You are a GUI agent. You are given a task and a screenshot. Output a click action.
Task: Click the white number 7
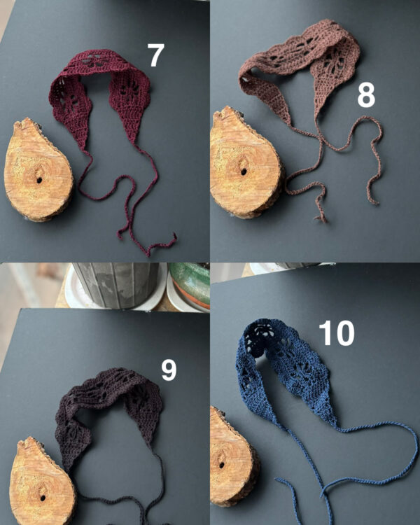coord(155,55)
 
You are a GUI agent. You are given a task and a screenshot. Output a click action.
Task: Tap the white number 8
coord(366,95)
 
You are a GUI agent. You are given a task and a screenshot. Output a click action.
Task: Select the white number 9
coord(169,370)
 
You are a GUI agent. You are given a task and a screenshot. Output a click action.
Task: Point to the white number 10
coord(336,332)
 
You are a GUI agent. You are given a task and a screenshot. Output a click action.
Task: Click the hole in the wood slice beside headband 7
coord(39,180)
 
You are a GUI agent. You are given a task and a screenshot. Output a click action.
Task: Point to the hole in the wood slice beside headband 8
coord(244,171)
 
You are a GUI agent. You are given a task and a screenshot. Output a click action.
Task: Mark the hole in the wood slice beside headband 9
coord(43,498)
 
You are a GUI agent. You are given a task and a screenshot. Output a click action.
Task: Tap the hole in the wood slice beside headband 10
coord(222,465)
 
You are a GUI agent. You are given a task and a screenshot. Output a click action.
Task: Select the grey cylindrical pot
coord(116,285)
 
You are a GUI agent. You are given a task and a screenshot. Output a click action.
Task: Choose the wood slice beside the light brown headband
coord(246,163)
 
